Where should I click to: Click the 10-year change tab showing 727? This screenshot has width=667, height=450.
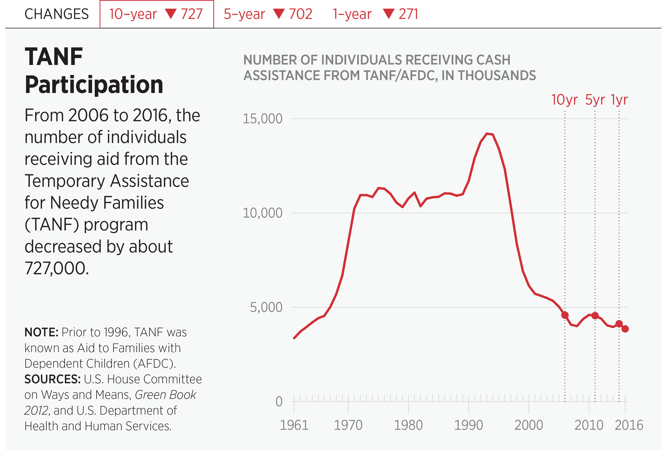pyautogui.click(x=157, y=14)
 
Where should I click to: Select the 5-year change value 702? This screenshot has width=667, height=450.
pyautogui.click(x=300, y=14)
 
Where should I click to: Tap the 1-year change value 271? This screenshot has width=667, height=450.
pyautogui.click(x=408, y=14)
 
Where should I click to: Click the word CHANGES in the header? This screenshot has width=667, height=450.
pyautogui.click(x=56, y=14)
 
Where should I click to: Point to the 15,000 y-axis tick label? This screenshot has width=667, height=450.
pyautogui.click(x=262, y=119)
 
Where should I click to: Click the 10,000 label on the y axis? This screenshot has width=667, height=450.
pyautogui.click(x=262, y=213)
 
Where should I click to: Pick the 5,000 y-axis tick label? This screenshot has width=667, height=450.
pyautogui.click(x=266, y=307)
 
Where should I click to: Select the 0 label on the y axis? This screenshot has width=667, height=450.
pyautogui.click(x=279, y=402)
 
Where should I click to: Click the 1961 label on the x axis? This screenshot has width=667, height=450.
pyautogui.click(x=294, y=425)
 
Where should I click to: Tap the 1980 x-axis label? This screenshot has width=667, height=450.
pyautogui.click(x=408, y=425)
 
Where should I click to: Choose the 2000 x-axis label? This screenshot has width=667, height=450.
pyautogui.click(x=529, y=425)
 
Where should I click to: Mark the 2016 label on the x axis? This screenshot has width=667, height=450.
pyautogui.click(x=629, y=425)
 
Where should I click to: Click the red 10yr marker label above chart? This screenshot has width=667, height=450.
pyautogui.click(x=564, y=100)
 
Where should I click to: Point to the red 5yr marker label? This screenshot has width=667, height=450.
pyautogui.click(x=595, y=100)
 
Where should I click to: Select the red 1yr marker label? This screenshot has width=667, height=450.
pyautogui.click(x=619, y=100)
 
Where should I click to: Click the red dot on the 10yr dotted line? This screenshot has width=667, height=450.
pyautogui.click(x=565, y=315)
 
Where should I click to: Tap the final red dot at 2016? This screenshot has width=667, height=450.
pyautogui.click(x=625, y=329)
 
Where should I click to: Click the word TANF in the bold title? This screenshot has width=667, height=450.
pyautogui.click(x=54, y=57)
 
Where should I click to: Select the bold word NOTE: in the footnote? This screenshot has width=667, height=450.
pyautogui.click(x=41, y=332)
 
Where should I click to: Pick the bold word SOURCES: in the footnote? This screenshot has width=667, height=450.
pyautogui.click(x=52, y=379)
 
